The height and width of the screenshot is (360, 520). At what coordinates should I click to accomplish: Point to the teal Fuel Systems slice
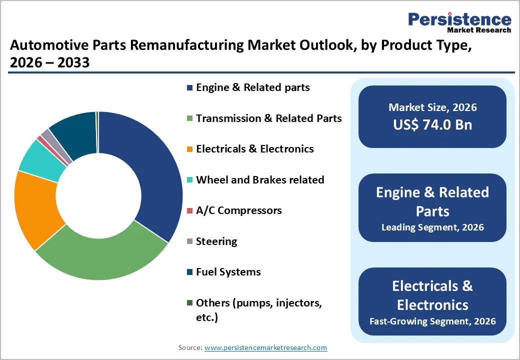75,132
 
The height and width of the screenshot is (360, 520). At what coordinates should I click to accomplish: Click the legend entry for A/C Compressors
238,210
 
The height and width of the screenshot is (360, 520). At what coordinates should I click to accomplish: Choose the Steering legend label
216,241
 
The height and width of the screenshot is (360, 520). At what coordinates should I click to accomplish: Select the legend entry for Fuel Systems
228,272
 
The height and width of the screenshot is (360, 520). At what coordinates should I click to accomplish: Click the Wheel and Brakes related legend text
260,180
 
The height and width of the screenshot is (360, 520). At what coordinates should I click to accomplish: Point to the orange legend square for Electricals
189,149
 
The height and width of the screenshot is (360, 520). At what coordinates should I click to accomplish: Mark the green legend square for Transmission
189,119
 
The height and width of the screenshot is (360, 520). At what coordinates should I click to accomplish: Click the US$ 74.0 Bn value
432,124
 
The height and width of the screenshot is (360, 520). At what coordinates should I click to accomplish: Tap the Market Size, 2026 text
432,107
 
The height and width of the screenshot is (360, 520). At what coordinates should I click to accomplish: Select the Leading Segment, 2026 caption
432,227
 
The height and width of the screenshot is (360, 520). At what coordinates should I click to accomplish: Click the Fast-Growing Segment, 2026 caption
432,320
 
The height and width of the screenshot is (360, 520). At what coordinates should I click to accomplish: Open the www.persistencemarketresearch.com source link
265,347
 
